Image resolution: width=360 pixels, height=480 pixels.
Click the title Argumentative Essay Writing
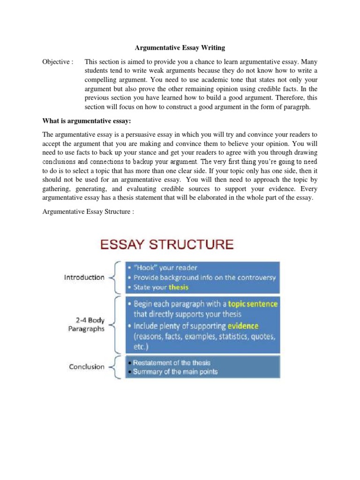pyautogui.click(x=180, y=47)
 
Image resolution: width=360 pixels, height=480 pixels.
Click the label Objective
pyautogui.click(x=58, y=62)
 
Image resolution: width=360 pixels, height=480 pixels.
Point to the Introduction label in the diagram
pyautogui.click(x=84, y=277)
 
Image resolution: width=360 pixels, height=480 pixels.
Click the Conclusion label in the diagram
pyautogui.click(x=87, y=367)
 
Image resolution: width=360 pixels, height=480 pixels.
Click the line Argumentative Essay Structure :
pyautogui.click(x=88, y=212)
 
